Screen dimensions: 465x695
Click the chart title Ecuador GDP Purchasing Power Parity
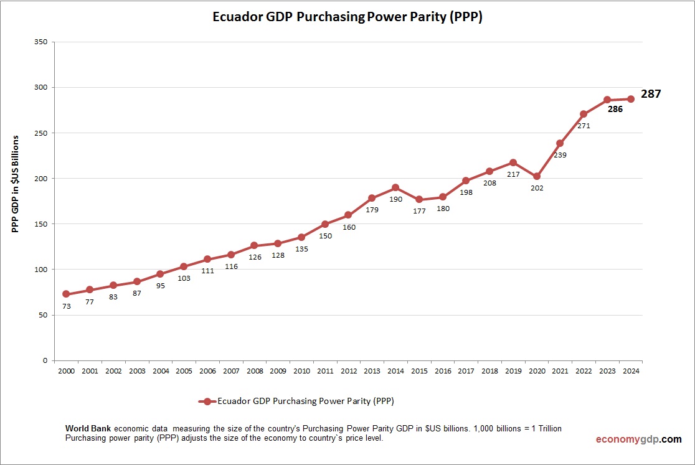(x=347, y=17)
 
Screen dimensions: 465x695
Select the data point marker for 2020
(x=537, y=176)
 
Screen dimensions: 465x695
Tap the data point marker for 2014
(x=395, y=187)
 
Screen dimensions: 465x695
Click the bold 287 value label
(x=651, y=94)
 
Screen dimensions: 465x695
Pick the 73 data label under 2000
(x=66, y=306)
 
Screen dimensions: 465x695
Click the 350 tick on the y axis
(x=42, y=42)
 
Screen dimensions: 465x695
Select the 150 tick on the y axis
(x=42, y=224)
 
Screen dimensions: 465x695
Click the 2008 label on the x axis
(x=254, y=371)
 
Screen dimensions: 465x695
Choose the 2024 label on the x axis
(x=630, y=371)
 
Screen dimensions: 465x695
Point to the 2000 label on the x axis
(x=66, y=371)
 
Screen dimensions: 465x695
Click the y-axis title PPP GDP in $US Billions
(x=16, y=184)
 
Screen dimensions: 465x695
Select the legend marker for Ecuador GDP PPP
(x=207, y=402)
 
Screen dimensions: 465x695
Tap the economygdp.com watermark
(x=638, y=439)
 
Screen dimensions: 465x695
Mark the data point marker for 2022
(x=584, y=114)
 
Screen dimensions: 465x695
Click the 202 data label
(x=537, y=187)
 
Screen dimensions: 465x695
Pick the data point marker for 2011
(x=325, y=224)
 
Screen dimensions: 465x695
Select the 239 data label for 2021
(x=560, y=154)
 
